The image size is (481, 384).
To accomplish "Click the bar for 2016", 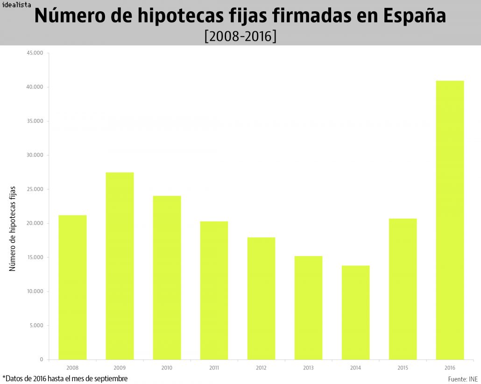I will click(x=450, y=220).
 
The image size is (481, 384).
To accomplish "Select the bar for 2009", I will click(x=120, y=266).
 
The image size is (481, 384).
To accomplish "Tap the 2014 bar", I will click(x=355, y=313).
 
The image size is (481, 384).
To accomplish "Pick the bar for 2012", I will click(x=261, y=299).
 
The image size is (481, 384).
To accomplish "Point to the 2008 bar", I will click(x=72, y=287).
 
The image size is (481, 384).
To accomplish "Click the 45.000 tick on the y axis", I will click(x=35, y=53).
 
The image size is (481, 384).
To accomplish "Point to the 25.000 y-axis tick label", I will click(x=35, y=189).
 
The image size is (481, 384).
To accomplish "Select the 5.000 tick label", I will click(x=36, y=326).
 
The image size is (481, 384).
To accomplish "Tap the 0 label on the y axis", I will click(x=41, y=360).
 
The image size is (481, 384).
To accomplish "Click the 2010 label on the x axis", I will click(x=167, y=368).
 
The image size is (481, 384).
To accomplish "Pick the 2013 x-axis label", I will click(x=308, y=368).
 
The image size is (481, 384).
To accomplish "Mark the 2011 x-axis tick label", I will click(x=214, y=368).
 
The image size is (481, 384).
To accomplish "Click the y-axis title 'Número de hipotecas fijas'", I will click(x=13, y=228).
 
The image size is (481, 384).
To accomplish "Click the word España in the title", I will click(x=414, y=16).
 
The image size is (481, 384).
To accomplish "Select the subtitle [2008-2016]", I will click(x=240, y=36).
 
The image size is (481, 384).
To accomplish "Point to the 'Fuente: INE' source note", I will click(x=463, y=379).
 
